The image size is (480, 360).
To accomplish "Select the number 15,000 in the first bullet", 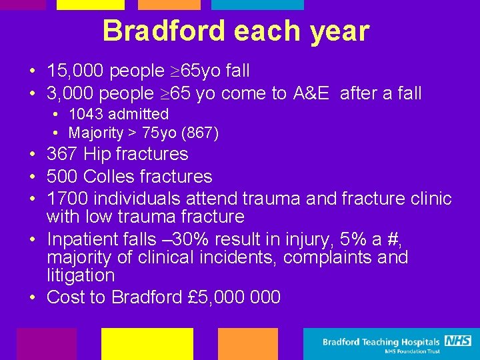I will pos(72,71).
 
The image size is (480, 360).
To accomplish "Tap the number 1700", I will pos(67,199).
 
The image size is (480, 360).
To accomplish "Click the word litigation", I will pos(81,275).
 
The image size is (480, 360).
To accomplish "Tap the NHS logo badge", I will pos(458,341).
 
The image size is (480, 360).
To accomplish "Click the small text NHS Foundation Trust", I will pos(411,351).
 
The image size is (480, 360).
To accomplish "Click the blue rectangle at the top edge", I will pos(257,5).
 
